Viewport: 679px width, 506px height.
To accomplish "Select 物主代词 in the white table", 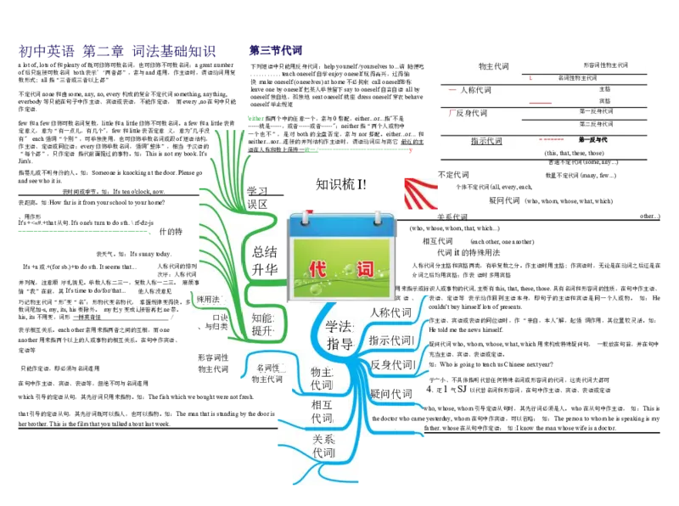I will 493,66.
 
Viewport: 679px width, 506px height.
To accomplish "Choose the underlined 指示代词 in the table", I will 486,141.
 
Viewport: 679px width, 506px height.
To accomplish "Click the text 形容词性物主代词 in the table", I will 606,65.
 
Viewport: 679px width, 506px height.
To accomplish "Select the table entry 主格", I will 604,88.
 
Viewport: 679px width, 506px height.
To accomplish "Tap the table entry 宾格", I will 604,100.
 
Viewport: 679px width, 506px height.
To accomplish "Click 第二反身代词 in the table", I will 596,124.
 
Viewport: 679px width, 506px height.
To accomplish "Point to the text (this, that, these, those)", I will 574,153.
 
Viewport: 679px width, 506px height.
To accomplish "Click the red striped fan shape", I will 422,192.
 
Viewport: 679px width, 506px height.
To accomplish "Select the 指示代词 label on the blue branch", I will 391,340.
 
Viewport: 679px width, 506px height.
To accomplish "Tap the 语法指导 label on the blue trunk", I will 339,335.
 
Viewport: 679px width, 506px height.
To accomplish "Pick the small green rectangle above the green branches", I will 255,119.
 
